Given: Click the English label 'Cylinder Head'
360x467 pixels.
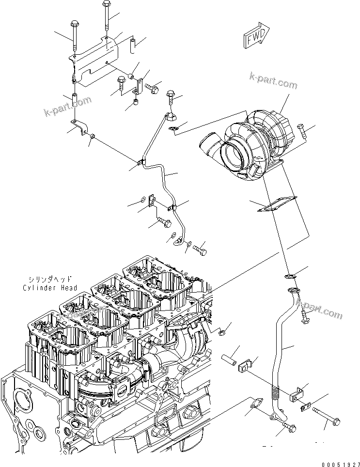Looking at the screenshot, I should pos(49,288).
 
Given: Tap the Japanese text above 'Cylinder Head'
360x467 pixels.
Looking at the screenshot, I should pos(49,280).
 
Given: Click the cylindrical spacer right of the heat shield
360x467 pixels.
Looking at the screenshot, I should pos(131,47).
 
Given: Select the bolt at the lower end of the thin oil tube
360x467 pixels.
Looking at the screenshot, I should pos(200,250).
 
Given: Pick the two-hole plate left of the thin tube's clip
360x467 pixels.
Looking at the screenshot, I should pos(151,200).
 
